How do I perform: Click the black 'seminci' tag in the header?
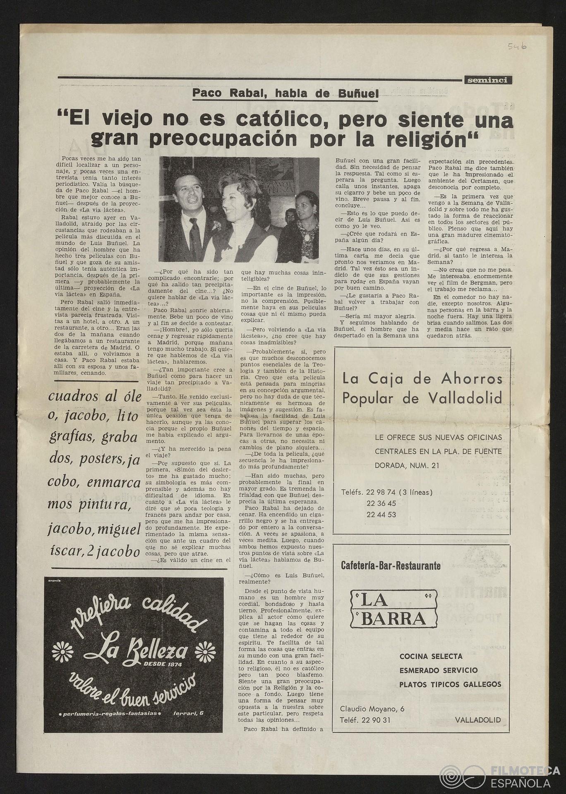[x=487, y=81]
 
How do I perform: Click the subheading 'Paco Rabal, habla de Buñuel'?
[x=285, y=94]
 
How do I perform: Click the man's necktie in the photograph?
[x=194, y=240]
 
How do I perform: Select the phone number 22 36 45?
[x=381, y=504]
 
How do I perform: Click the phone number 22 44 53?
[x=381, y=515]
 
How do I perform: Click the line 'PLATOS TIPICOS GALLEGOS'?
[x=450, y=684]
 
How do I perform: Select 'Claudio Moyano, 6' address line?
[x=372, y=709]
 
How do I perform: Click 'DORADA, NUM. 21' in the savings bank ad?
[x=407, y=466]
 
